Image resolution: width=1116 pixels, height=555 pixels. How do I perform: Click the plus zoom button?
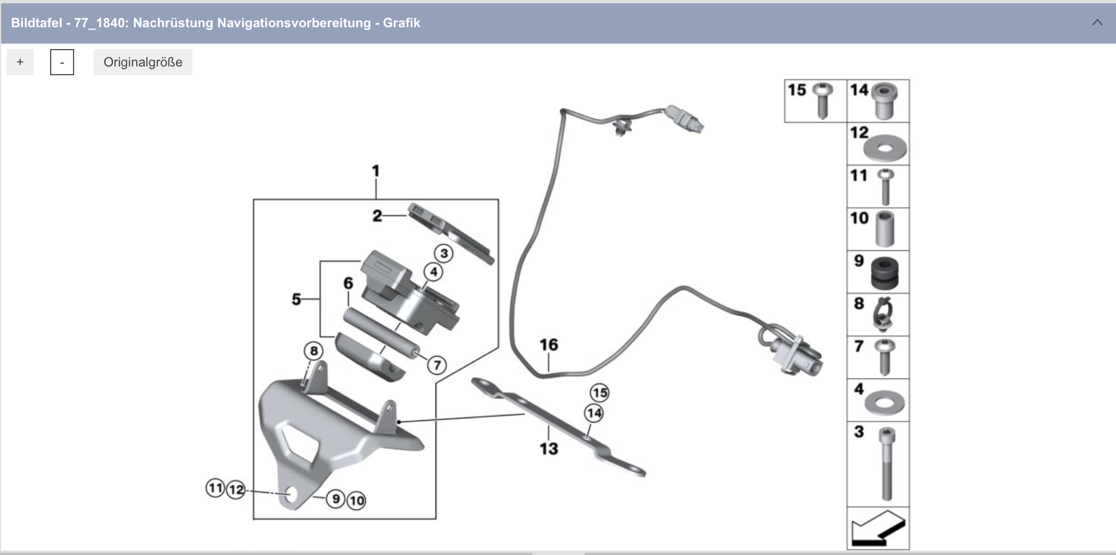20,62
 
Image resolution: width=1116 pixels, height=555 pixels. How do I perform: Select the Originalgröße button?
143,62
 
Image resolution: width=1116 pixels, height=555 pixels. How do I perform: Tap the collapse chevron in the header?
1097,23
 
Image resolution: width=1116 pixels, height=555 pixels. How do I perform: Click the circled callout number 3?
444,254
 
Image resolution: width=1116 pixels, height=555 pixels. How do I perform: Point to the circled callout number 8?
313,351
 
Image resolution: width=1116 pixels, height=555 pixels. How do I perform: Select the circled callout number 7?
436,365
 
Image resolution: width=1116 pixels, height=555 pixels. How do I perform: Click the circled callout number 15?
599,393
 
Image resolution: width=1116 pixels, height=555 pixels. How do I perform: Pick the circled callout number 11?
215,487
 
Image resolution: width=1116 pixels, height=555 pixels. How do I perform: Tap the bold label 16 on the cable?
549,345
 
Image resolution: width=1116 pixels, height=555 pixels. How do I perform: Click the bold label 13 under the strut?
549,449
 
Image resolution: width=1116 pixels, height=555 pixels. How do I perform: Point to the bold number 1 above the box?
375,171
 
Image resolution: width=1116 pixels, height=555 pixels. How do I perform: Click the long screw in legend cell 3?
887,463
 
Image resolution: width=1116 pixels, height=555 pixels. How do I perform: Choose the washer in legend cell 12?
885,147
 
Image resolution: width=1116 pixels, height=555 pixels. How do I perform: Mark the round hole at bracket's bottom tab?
292,494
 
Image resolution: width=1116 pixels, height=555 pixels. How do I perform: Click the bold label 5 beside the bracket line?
296,299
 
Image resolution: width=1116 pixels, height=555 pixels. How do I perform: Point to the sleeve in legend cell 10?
884,230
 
